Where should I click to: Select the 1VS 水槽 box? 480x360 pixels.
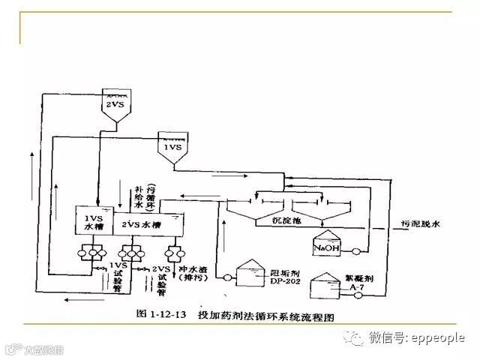pos(91,222)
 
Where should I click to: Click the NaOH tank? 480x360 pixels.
pos(325,244)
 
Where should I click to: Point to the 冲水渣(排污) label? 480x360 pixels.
pos(184,274)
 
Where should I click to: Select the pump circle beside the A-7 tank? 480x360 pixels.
pos(360,295)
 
